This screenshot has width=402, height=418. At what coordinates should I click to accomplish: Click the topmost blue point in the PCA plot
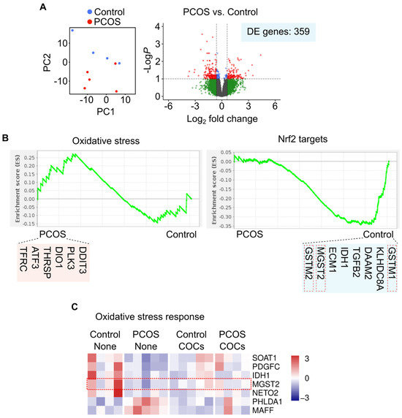tap(72, 30)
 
